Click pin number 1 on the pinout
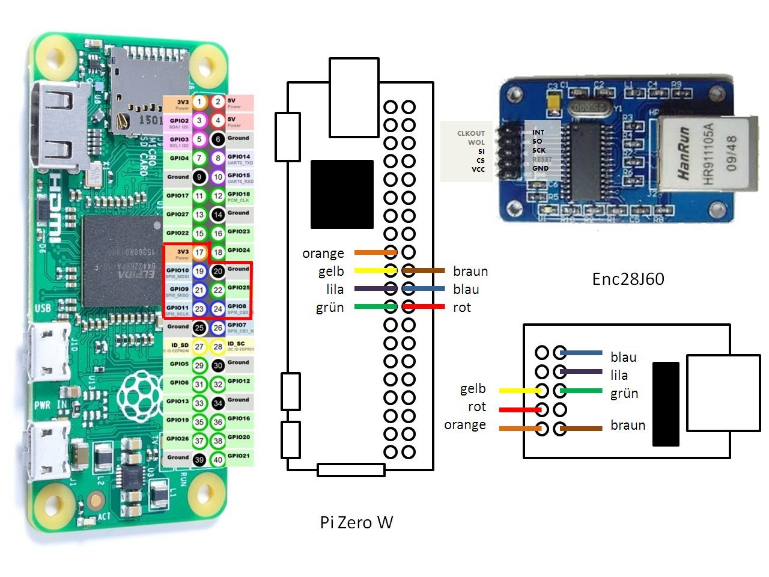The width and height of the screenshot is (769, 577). point(199,102)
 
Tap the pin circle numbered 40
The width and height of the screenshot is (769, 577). point(218,460)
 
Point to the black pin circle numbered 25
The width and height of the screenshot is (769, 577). point(199,328)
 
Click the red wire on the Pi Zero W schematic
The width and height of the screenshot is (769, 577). point(424,307)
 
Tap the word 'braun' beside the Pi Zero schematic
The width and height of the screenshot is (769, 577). point(470,272)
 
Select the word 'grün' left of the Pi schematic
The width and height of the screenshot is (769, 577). point(330,308)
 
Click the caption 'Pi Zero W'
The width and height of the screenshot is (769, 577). point(356,522)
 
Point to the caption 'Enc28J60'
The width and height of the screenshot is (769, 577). point(628,279)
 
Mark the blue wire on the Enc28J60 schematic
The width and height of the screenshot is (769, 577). point(581,353)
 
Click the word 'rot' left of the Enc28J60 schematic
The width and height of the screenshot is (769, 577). point(477,407)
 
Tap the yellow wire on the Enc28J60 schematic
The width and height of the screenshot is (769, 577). point(520,391)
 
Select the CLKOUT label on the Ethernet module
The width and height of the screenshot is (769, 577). point(471,133)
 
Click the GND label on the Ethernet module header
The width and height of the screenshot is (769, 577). point(540,168)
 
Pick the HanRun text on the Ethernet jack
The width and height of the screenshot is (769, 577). point(684,153)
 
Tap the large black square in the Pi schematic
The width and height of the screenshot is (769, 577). point(342,194)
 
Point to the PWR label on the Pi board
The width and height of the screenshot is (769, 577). point(42,406)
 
